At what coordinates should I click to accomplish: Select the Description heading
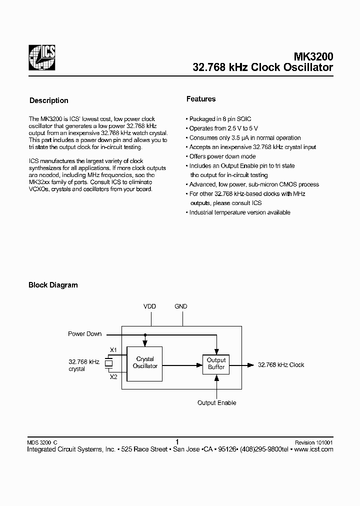(x=49, y=100)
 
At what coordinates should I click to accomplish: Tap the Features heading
(x=201, y=99)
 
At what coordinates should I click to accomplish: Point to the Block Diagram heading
(x=53, y=285)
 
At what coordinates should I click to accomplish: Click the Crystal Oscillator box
(x=145, y=362)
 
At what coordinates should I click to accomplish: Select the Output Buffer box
(x=216, y=363)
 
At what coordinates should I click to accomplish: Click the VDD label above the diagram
(x=149, y=306)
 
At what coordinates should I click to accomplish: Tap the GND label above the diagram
(x=181, y=306)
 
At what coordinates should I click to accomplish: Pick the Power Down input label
(x=84, y=334)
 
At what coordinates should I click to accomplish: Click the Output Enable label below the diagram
(x=216, y=402)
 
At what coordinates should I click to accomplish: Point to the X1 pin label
(x=113, y=350)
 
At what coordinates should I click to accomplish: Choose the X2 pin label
(x=113, y=376)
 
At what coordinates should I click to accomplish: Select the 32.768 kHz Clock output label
(x=281, y=365)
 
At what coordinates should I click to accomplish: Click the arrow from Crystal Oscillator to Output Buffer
(x=182, y=365)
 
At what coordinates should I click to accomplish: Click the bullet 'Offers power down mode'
(x=222, y=156)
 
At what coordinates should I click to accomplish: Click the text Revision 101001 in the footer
(x=313, y=442)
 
